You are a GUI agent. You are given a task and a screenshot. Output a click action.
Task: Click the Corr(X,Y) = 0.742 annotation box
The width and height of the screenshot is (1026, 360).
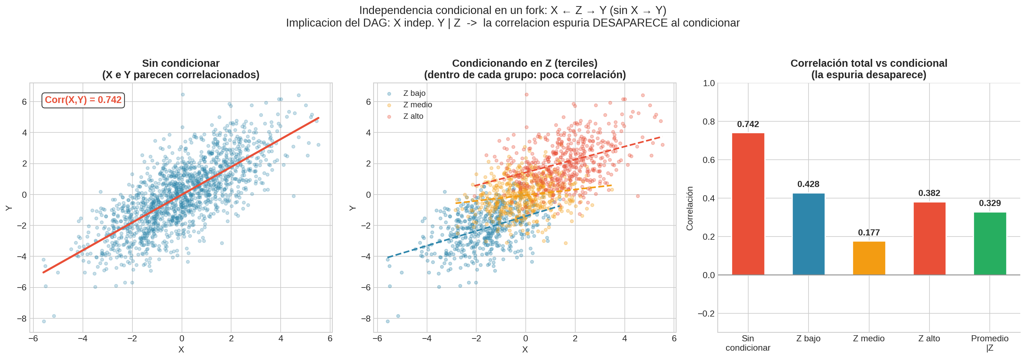coord(83,100)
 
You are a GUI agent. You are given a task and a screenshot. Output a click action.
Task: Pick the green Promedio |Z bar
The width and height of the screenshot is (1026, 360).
coord(990,244)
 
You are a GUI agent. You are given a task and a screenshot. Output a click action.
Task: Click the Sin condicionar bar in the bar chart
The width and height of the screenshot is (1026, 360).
coord(748,204)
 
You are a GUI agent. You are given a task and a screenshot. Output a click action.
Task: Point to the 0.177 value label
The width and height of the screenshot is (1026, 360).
coord(869,233)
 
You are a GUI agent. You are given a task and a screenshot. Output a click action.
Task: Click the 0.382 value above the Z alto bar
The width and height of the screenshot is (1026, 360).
coord(929,193)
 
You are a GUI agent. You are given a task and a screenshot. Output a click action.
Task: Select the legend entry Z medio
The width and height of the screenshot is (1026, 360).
coord(417,105)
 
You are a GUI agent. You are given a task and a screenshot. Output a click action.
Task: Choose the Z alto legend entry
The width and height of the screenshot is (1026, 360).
coord(413,116)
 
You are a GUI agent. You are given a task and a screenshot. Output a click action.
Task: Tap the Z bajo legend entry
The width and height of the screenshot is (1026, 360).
coord(414,93)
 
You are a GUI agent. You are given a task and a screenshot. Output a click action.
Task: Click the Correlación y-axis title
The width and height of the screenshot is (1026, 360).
coord(689,208)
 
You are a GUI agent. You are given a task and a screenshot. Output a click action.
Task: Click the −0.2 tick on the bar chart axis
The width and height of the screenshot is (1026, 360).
coord(706,314)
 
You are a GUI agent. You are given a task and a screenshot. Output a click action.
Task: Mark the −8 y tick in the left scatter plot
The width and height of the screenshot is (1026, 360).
coord(22,319)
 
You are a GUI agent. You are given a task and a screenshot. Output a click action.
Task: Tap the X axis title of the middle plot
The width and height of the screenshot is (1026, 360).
coord(525,350)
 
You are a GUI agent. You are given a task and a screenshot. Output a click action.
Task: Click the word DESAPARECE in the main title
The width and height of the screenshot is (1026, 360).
coord(630,23)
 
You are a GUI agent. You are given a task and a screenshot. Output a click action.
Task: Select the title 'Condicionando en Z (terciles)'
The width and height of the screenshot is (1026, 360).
coord(525,63)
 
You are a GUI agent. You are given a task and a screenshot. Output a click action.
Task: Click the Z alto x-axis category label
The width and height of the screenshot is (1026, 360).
coord(929,338)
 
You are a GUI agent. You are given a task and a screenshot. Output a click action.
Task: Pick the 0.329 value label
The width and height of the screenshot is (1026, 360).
coord(990,203)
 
